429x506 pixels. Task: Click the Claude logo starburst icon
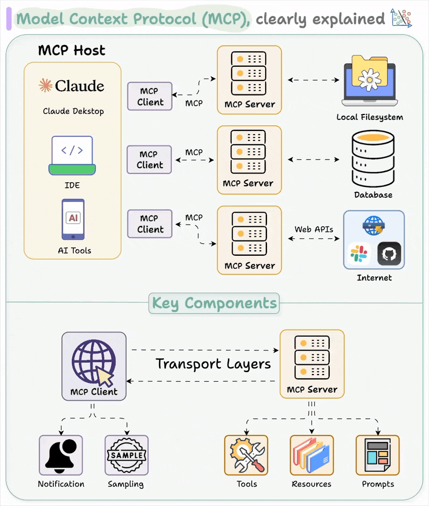[45, 85]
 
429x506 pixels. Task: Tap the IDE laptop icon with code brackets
[72, 155]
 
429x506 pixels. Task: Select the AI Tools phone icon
[73, 219]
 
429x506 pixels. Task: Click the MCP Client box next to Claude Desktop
[150, 96]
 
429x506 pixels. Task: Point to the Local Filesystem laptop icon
[370, 81]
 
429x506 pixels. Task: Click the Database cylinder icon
[373, 159]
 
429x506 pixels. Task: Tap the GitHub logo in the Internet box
[389, 253]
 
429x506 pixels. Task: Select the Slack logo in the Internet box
[359, 253]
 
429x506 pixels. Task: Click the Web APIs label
[314, 229]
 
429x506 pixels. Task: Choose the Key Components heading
[214, 303]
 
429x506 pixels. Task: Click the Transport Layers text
[213, 364]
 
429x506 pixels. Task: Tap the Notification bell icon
[61, 455]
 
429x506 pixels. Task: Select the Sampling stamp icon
[126, 455]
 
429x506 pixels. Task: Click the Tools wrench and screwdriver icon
[246, 455]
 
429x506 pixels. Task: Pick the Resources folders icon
[312, 455]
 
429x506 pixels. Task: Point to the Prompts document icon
[378, 455]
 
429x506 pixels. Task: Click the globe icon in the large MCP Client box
[94, 362]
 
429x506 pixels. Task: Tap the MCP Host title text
[71, 51]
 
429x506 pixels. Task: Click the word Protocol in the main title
[164, 19]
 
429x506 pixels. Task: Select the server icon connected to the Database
[248, 152]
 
